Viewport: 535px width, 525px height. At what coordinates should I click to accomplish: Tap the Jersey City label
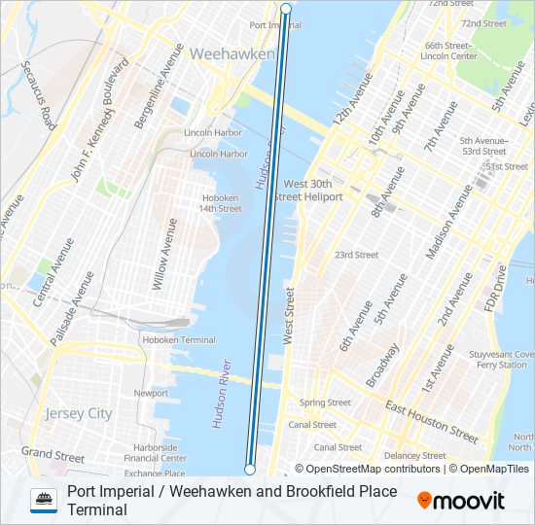(x=79, y=413)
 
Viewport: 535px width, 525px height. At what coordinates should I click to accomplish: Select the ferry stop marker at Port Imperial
(x=286, y=9)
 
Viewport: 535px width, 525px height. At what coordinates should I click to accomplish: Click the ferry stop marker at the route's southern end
(x=250, y=470)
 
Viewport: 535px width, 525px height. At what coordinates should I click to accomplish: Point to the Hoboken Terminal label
(x=179, y=340)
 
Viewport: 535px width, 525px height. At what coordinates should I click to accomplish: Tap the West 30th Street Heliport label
(x=308, y=190)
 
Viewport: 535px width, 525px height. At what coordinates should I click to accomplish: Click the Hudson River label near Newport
(x=221, y=394)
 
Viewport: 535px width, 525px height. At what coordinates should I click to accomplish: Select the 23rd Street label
(x=356, y=255)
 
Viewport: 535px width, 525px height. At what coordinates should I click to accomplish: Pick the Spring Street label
(x=325, y=402)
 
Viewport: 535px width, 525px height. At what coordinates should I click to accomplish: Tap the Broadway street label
(x=382, y=364)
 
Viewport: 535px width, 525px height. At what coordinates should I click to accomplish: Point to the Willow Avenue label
(x=160, y=255)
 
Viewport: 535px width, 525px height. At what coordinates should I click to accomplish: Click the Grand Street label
(x=53, y=454)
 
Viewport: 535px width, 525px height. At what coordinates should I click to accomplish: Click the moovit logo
(x=461, y=501)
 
